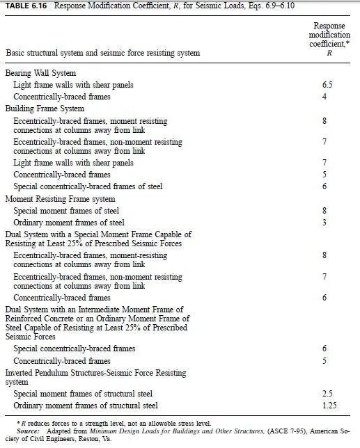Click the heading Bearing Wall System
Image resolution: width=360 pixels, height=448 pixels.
coord(40,73)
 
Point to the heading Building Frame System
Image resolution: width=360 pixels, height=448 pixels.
coord(45,109)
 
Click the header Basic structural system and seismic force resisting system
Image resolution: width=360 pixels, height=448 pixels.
coord(102,53)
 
